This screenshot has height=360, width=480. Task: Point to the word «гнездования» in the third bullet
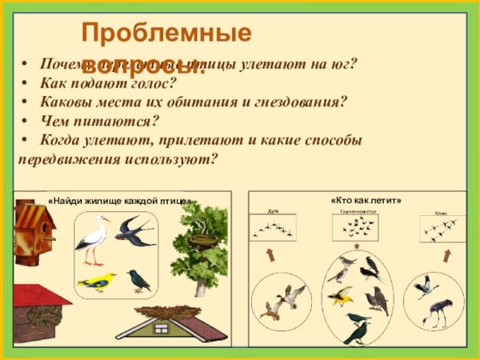pyautogui.click(x=302, y=102)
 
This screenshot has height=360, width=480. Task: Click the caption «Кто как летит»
pyautogui.click(x=366, y=200)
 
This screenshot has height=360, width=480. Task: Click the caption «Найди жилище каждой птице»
pyautogui.click(x=118, y=200)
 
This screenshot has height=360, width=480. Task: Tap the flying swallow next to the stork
pyautogui.click(x=134, y=230)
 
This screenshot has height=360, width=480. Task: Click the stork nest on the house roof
pyautogui.click(x=166, y=312)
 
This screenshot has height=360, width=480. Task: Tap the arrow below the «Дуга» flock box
pyautogui.click(x=270, y=255)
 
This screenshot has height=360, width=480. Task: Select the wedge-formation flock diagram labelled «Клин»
pyautogui.click(x=442, y=230)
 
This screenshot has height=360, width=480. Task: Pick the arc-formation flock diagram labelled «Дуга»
pyautogui.click(x=271, y=229)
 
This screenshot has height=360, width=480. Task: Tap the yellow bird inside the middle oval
pyautogui.click(x=340, y=297)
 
